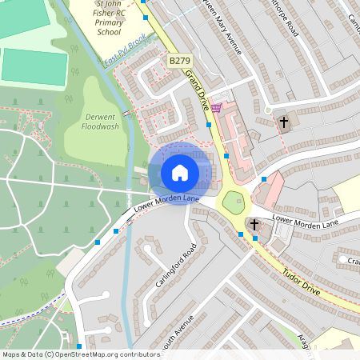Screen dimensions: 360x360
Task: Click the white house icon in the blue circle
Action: pyautogui.click(x=180, y=172)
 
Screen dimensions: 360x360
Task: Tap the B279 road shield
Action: pyautogui.click(x=178, y=61)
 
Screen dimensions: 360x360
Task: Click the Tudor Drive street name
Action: pyautogui.click(x=301, y=282)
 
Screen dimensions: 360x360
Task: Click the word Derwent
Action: pyautogui.click(x=100, y=117)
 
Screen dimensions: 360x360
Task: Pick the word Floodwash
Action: pyautogui.click(x=100, y=126)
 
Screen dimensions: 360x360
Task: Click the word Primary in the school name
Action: pyautogui.click(x=110, y=23)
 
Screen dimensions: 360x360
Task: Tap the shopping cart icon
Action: pyautogui.click(x=215, y=107)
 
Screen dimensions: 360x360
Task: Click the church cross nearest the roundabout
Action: pyautogui.click(x=254, y=225)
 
